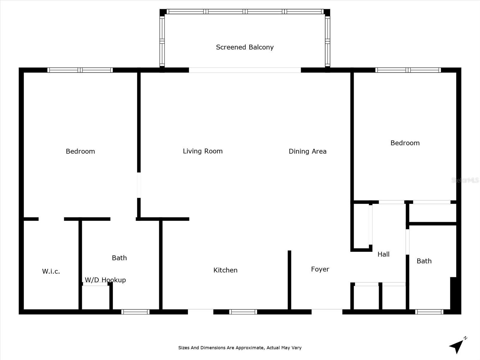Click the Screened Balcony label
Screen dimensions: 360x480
(245, 47)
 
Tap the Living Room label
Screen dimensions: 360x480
(203, 151)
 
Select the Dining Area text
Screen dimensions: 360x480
(307, 151)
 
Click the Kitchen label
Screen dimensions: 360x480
(225, 270)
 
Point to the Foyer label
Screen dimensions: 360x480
(320, 269)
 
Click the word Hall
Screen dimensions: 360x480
(383, 254)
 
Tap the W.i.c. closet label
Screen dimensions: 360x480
(51, 271)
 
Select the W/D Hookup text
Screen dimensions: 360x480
(105, 280)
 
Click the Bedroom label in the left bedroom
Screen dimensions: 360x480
(80, 151)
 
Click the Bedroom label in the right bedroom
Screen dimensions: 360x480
(405, 143)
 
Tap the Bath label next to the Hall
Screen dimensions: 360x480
(424, 261)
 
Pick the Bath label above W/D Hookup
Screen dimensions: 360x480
(119, 258)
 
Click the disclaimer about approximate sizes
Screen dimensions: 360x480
(240, 348)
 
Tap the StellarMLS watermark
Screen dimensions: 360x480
(465, 180)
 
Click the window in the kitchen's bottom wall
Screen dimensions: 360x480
(243, 312)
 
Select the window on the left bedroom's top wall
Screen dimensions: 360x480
(80, 70)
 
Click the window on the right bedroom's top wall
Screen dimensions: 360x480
(408, 70)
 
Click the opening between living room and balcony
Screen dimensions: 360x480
(245, 70)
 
